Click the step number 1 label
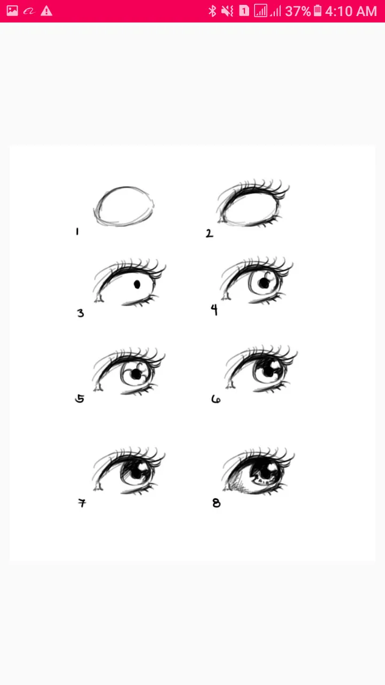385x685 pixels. (78, 232)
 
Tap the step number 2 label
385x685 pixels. (209, 233)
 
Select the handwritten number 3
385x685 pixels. (80, 313)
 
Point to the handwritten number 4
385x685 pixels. (214, 309)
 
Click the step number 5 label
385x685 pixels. (80, 399)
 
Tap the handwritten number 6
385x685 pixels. (215, 399)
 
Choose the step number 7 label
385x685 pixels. (82, 503)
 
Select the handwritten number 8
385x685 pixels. (217, 503)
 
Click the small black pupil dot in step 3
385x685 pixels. (137, 284)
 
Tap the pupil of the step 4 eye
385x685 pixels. (264, 283)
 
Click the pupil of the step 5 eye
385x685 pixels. (135, 374)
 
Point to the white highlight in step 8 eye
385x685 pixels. (271, 467)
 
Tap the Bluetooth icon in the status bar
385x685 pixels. (212, 11)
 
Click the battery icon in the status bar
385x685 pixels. (318, 11)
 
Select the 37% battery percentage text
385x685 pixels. (298, 11)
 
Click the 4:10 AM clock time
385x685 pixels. (351, 11)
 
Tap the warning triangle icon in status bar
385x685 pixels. (47, 11)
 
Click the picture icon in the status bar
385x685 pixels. (12, 11)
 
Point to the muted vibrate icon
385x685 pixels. (227, 11)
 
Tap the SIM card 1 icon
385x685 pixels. (244, 11)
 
